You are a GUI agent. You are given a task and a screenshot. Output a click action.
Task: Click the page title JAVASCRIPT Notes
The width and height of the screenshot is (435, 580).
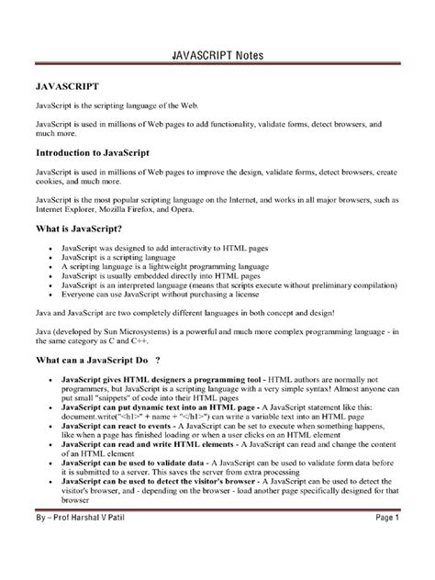pos(217,54)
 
